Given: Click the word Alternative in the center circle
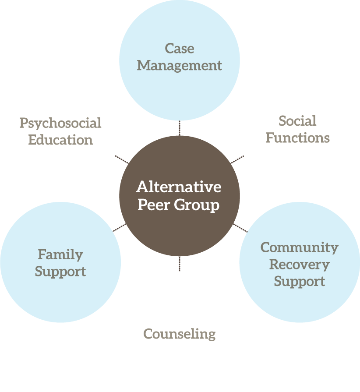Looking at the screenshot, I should click(x=179, y=187).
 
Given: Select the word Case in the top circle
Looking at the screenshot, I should click(x=180, y=48).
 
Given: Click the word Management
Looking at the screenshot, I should click(x=180, y=65).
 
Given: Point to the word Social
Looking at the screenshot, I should click(x=297, y=120).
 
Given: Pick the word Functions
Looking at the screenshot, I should click(x=297, y=138).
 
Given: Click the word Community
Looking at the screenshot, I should click(x=299, y=247).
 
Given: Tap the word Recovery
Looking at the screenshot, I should click(x=299, y=264).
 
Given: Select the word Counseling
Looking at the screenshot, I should click(x=180, y=334).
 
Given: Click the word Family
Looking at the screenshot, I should click(x=60, y=254).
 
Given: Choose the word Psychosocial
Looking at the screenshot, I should click(x=60, y=123).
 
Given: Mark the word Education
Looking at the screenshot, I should click(x=60, y=140).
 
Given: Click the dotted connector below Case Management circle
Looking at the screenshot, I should click(x=180, y=127).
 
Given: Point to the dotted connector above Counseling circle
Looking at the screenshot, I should click(x=180, y=263).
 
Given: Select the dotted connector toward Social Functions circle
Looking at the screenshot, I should click(x=237, y=160).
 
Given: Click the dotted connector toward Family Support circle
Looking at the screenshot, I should click(x=120, y=227).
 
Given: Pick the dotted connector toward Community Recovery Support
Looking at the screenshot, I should click(x=240, y=228).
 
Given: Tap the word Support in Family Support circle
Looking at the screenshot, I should click(x=60, y=271).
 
